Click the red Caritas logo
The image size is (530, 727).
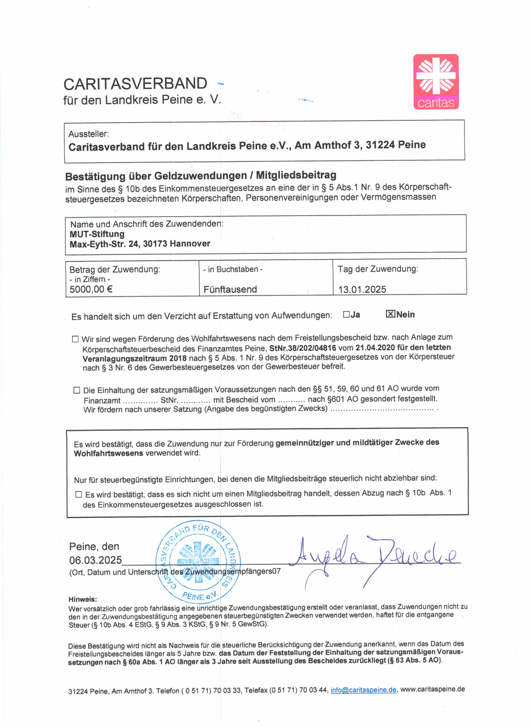point(436,82)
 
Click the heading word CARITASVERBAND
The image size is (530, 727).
point(135,84)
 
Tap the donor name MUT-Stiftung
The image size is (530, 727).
point(97,234)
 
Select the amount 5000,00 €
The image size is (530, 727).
point(91,289)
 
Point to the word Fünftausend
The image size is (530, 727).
point(230,289)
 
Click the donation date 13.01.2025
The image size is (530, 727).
point(362,289)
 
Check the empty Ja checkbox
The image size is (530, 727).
point(346,315)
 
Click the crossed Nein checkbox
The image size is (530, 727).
point(390,314)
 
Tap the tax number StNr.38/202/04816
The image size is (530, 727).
point(303,348)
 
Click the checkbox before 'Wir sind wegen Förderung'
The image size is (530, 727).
point(76,339)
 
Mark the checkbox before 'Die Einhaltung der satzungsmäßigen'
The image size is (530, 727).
point(77,390)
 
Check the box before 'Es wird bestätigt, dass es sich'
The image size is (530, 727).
point(79,495)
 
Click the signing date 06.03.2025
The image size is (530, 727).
point(95,560)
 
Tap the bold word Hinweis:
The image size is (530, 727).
point(83,600)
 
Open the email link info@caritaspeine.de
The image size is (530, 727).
point(363,690)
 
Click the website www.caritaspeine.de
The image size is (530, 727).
point(432,689)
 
